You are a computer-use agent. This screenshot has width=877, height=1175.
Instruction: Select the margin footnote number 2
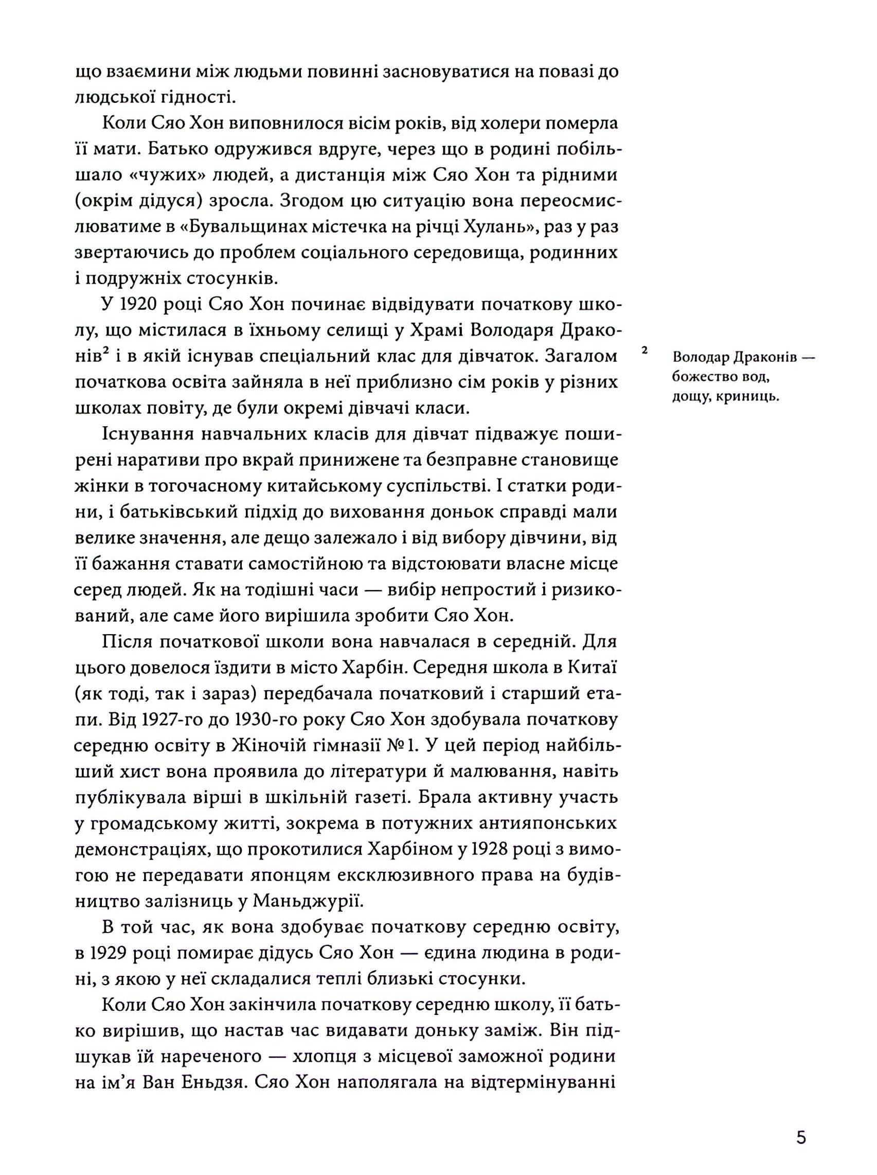tap(645, 350)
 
